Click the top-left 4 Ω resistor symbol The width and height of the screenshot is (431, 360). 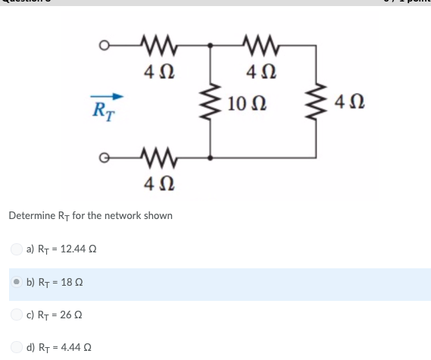(159, 47)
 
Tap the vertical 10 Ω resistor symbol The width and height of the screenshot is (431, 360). (210, 103)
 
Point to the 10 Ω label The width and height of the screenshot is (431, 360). (245, 102)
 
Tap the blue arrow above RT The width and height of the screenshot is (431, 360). (107, 96)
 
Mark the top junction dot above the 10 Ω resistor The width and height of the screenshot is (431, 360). (210, 47)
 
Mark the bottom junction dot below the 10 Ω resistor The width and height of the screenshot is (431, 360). (210, 158)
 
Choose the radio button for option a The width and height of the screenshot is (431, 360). (17, 249)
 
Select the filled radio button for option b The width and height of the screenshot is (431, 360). (17, 282)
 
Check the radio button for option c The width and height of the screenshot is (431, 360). (17, 316)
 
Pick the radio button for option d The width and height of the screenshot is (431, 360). (17, 348)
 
